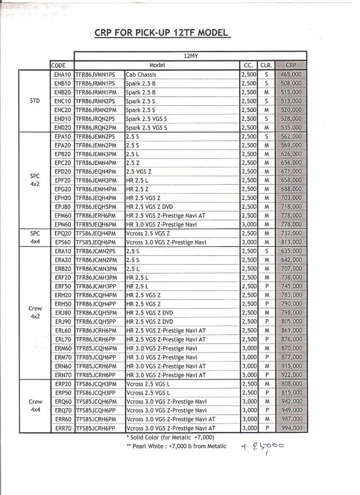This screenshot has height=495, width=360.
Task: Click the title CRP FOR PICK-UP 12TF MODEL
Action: [x=162, y=33]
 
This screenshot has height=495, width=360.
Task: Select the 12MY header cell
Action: [x=190, y=56]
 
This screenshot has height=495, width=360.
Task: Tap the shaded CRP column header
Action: [x=291, y=65]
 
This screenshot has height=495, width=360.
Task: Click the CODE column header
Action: [x=58, y=65]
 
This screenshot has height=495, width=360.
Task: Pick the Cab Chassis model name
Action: [x=141, y=74]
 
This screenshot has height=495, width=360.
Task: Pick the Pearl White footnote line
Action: [x=176, y=446]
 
